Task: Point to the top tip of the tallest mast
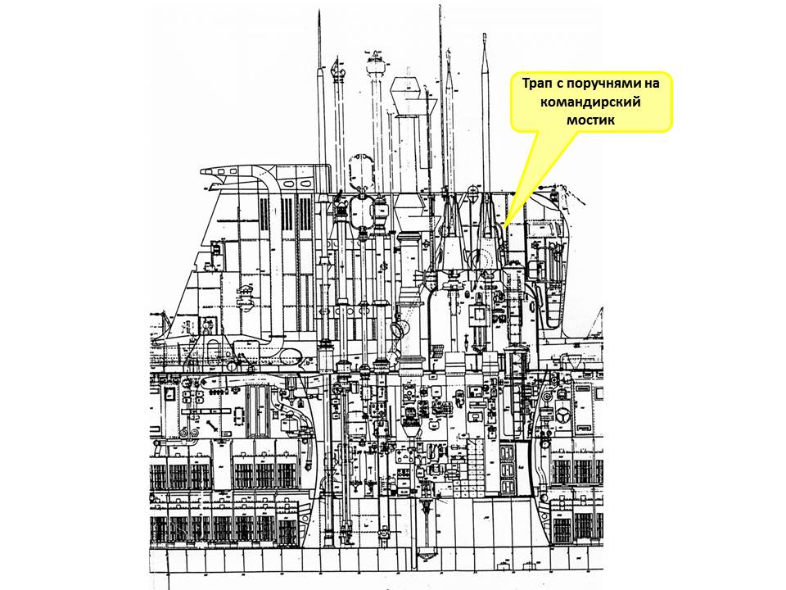click(440, 7)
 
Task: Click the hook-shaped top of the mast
click(335, 70)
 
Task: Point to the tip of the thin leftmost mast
click(317, 13)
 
